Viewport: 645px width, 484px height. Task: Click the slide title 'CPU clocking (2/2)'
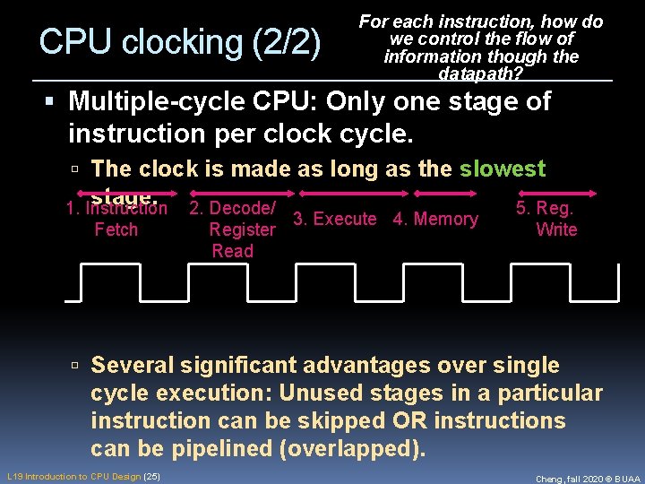point(180,42)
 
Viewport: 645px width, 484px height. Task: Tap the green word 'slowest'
point(503,169)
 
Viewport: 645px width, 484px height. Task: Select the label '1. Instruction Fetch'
point(116,220)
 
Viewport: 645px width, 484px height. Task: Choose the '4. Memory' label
point(435,220)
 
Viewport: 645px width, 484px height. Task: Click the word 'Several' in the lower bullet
point(134,366)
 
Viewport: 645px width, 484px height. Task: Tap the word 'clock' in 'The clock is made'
point(166,169)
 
